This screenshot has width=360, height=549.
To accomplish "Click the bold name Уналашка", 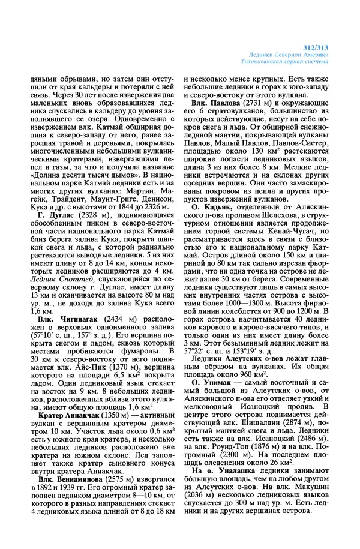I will click(x=237, y=472).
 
